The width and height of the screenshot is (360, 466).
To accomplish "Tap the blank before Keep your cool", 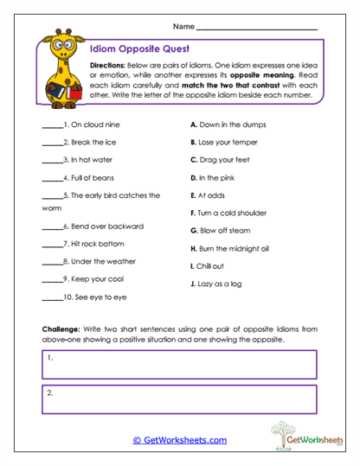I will coord(52,279).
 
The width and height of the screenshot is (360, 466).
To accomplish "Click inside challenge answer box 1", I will coord(179,364).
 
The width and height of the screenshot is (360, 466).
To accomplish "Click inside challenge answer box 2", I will coord(179,399).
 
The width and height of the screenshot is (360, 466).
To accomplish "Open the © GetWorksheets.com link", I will coord(179,440).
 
